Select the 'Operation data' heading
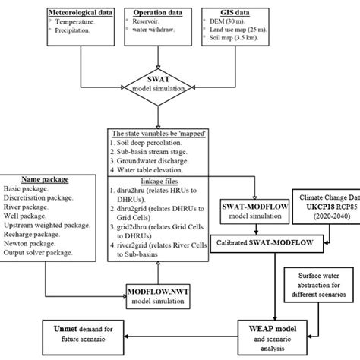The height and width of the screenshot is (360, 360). (x=162, y=14)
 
